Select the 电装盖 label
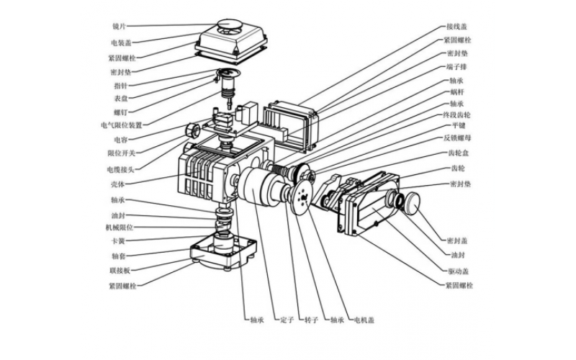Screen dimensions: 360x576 pyautogui.click(x=119, y=42)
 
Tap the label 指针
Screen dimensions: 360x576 pyautogui.click(x=120, y=85)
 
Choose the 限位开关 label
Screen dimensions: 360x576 pyautogui.click(x=117, y=153)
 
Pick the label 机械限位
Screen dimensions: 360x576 pyautogui.click(x=117, y=227)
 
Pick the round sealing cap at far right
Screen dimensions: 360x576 pyautogui.click(x=415, y=201)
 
